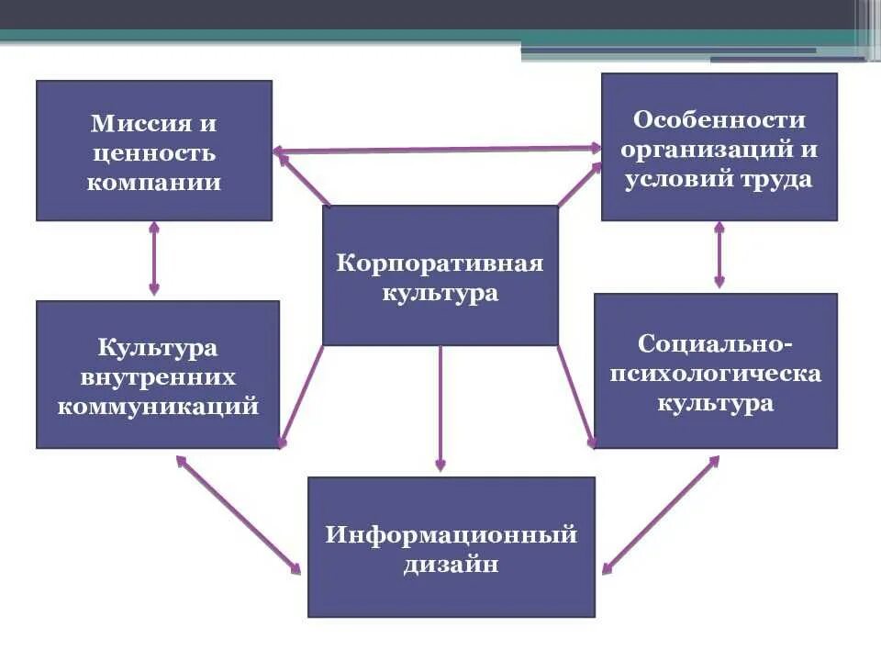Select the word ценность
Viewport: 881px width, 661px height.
[154, 152]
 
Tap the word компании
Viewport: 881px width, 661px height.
[154, 182]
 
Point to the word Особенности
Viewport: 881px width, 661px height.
[719, 120]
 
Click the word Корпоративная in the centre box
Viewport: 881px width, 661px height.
[440, 264]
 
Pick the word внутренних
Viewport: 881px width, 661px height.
[158, 377]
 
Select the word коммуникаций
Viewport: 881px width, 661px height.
[158, 407]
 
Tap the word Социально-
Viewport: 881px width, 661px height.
[716, 344]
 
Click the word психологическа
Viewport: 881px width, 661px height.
[716, 374]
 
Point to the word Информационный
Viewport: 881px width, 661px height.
[451, 534]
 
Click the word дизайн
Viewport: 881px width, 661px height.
[451, 564]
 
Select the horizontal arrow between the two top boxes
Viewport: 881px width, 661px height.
[437, 149]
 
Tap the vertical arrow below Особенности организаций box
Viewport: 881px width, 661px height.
[719, 254]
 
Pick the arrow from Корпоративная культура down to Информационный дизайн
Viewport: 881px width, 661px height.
[440, 409]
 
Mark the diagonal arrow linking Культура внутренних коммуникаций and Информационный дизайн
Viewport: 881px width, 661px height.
[239, 514]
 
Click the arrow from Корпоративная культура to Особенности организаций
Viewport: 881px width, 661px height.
[579, 185]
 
